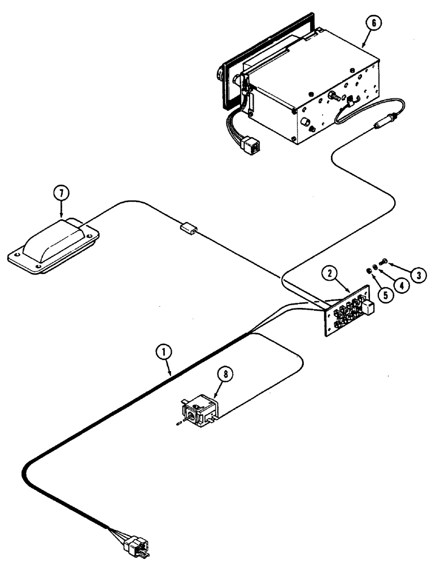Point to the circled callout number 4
402,285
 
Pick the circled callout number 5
386,295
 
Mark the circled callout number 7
62,193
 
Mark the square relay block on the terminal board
368,307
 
